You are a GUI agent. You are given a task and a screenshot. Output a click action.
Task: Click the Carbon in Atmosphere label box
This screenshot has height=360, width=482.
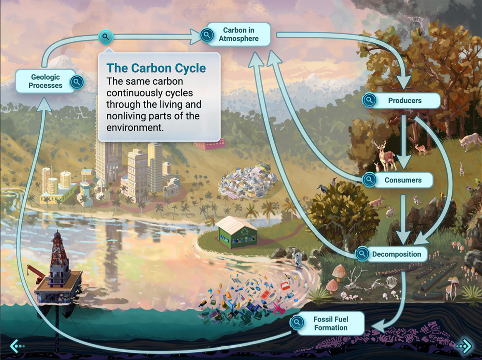tap(239, 34)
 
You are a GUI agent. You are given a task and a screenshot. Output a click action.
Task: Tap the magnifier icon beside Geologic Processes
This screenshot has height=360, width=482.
tap(77, 82)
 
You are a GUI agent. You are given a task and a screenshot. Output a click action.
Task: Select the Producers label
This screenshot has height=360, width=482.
tap(404, 100)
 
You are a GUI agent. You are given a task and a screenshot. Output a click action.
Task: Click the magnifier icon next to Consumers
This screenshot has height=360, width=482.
tap(369, 180)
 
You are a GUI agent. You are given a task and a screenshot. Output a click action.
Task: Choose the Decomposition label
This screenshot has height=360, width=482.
tap(396, 254)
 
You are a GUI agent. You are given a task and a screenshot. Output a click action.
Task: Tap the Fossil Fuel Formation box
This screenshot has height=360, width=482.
tap(331, 323)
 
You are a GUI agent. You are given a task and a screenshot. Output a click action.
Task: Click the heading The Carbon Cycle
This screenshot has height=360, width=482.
tap(156, 68)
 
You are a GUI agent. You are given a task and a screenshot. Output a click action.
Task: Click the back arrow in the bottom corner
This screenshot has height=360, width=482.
tap(17, 346)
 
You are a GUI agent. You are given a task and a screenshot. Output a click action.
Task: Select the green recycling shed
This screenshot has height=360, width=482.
tap(236, 232)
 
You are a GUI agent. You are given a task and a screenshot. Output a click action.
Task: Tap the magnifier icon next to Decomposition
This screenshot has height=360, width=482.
tap(362, 254)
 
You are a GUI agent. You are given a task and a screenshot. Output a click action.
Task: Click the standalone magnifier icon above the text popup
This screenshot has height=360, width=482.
tap(106, 37)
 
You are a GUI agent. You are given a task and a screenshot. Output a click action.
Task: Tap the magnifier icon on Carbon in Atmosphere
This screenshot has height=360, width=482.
tap(207, 35)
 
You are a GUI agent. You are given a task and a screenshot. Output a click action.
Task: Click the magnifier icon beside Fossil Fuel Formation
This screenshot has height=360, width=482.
tap(297, 323)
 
